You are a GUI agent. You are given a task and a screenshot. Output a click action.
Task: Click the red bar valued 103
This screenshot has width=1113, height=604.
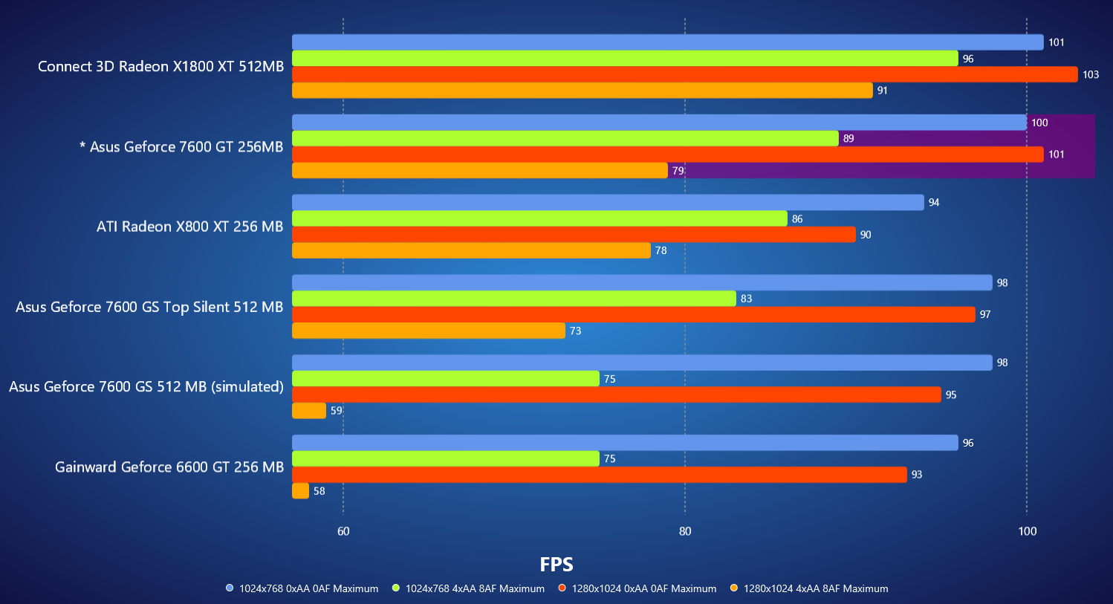684,74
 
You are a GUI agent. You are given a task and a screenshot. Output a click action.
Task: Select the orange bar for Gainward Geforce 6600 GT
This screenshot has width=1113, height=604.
300,491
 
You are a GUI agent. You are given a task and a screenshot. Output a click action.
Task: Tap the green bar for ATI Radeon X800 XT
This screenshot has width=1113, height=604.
539,218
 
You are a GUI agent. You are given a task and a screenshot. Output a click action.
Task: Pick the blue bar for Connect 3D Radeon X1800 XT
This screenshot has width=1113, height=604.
667,42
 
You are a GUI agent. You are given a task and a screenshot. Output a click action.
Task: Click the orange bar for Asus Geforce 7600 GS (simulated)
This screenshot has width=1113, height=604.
309,411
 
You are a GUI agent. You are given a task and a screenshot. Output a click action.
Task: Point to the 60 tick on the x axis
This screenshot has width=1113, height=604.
343,531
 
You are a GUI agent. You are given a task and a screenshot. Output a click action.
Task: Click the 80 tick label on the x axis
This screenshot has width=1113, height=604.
685,531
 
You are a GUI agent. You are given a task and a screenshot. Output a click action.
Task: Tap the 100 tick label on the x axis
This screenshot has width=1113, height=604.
1027,531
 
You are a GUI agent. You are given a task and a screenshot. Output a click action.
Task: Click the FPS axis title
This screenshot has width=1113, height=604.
556,565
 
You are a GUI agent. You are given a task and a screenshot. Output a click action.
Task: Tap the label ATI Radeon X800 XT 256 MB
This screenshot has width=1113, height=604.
189,227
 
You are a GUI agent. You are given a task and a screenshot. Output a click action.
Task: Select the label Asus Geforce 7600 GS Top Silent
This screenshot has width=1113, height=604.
149,307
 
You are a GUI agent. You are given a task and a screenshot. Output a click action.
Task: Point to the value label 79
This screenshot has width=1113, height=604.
678,171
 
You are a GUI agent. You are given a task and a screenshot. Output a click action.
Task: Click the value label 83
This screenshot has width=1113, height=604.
746,299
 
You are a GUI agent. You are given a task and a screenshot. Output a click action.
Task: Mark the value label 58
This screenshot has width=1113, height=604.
319,491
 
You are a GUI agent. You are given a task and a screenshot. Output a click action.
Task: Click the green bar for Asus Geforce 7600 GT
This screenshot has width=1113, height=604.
565,138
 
